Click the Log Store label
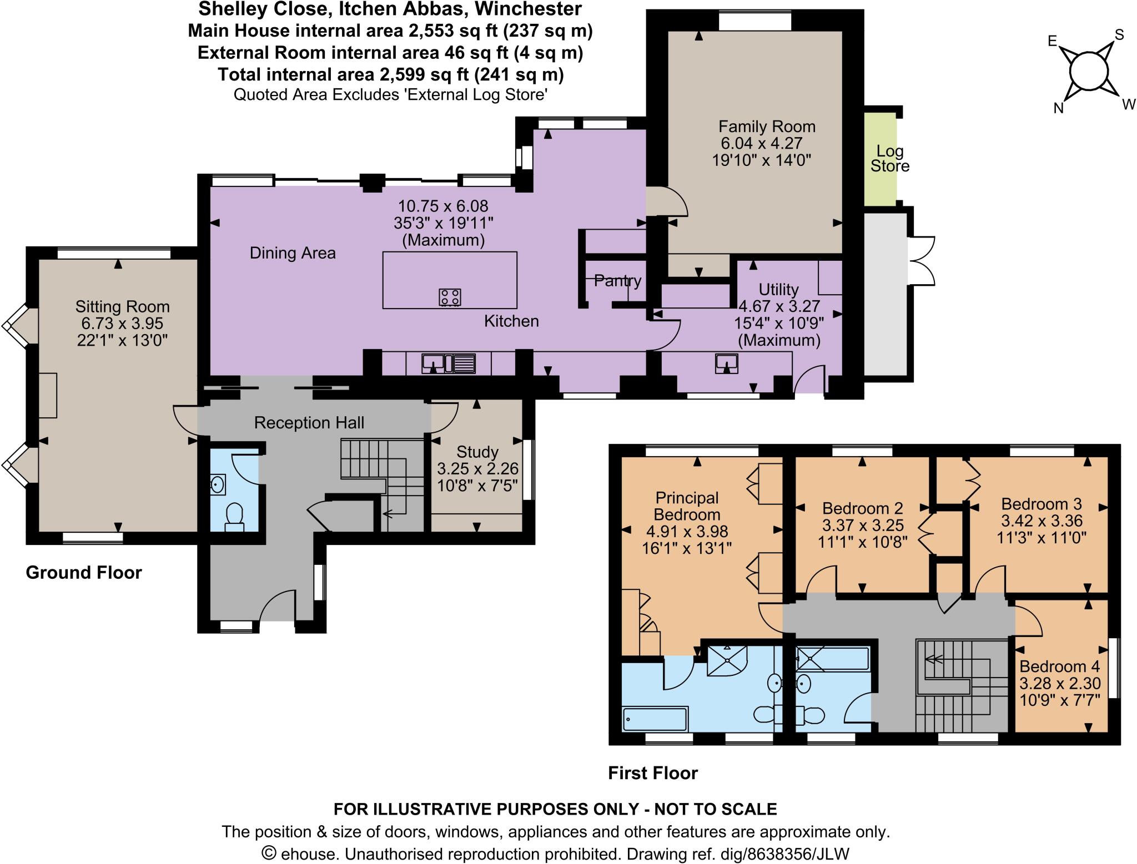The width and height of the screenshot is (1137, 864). [x=890, y=159]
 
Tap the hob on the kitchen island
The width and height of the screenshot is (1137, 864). [x=450, y=297]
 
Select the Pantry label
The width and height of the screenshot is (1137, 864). [x=617, y=280]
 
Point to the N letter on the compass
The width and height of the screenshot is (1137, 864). [x=1059, y=108]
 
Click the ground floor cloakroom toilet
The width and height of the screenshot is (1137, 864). [x=234, y=517]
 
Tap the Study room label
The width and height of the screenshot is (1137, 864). [x=477, y=452]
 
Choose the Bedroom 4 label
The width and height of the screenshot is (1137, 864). [x=1059, y=666]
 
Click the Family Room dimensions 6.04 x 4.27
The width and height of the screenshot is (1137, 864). [x=762, y=143]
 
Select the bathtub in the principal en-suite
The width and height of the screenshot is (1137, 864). [x=656, y=719]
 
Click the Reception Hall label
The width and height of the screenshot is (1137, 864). [x=309, y=423]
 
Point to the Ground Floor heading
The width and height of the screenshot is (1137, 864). [x=84, y=573]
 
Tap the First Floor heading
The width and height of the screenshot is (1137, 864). [x=653, y=773]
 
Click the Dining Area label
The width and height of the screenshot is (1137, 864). [x=293, y=253]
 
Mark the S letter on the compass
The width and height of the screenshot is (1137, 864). [x=1119, y=35]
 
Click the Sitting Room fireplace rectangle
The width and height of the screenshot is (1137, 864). [x=48, y=395]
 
